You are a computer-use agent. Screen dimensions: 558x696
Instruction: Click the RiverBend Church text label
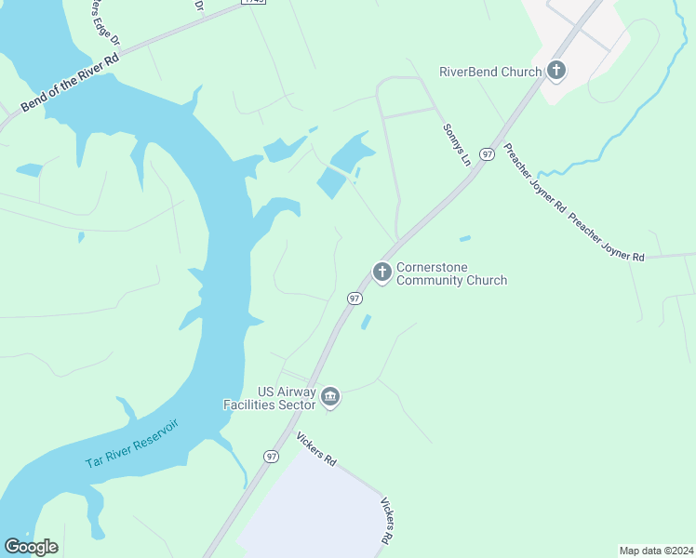[x=490, y=72]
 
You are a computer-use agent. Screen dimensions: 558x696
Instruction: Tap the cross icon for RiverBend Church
[x=556, y=70]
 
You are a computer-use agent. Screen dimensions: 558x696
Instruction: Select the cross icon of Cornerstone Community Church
[x=381, y=272]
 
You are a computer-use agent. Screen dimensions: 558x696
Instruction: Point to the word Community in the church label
[x=435, y=280]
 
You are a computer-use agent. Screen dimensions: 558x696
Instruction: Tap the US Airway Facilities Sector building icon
[x=330, y=398]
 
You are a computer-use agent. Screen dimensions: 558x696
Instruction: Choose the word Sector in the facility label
[x=293, y=405]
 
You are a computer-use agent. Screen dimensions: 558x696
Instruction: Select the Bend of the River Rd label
[x=71, y=82]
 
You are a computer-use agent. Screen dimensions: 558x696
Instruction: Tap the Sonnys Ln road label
[x=457, y=145]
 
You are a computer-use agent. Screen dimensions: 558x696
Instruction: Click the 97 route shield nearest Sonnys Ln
[x=487, y=153]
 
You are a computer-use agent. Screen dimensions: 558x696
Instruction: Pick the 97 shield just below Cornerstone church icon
[x=355, y=299]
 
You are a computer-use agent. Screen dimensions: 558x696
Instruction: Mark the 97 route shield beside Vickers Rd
[x=271, y=456]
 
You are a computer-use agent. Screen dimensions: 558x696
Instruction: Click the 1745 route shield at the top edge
[x=252, y=3]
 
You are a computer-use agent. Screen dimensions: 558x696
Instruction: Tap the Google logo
[x=31, y=546]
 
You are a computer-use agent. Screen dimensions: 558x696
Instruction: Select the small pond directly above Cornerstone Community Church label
[x=464, y=238]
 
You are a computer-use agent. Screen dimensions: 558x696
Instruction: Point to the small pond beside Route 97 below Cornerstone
[x=366, y=322]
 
